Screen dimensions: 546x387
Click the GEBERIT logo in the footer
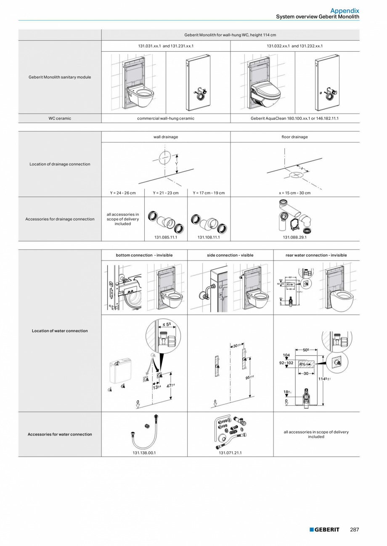point(324,530)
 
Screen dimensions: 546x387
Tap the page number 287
point(354,530)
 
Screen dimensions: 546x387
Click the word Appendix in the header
point(345,11)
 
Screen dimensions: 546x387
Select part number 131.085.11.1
point(166,237)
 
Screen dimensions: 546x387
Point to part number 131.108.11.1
point(209,237)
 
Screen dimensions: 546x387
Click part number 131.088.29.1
point(294,237)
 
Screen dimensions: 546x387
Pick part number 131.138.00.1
point(144,453)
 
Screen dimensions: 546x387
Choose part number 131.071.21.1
point(230,453)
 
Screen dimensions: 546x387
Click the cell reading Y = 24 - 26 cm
point(123,193)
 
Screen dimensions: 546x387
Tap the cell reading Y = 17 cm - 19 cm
point(209,193)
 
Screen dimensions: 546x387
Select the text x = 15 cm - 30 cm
point(294,193)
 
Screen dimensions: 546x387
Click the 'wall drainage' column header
point(166,137)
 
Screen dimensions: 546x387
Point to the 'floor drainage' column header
point(294,137)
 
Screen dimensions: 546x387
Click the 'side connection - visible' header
point(230,255)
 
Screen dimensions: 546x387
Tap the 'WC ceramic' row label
point(60,118)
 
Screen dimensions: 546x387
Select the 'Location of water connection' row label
point(60,331)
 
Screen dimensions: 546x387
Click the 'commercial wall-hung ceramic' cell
point(166,118)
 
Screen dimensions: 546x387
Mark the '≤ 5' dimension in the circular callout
point(167,324)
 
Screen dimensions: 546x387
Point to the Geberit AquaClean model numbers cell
point(294,118)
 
